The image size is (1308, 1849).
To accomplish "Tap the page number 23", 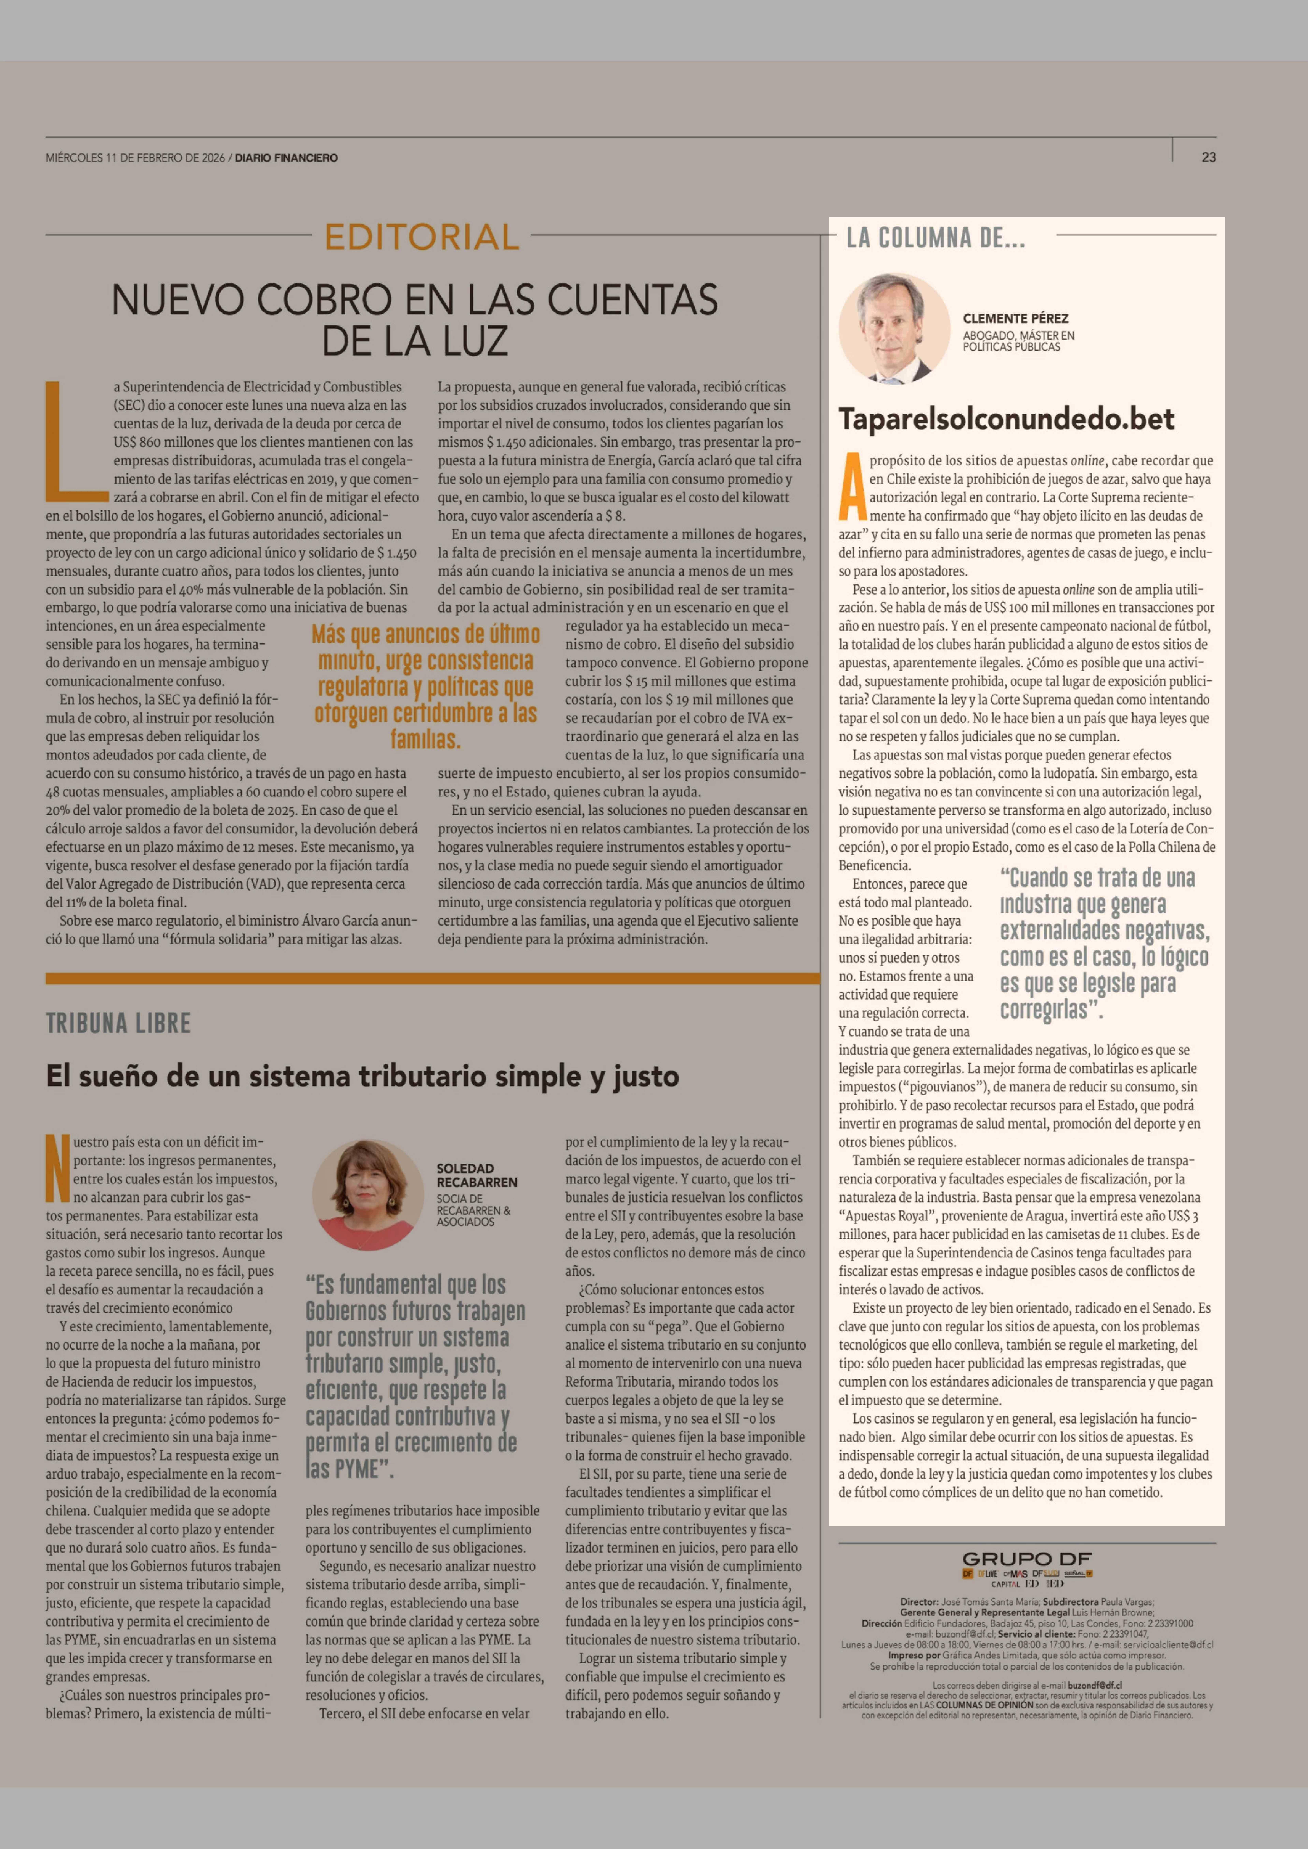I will (x=1208, y=157).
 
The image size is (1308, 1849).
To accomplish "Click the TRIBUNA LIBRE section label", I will (x=118, y=1024).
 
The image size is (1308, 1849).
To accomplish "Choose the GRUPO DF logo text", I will (x=1027, y=1559).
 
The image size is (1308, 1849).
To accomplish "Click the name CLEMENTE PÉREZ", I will (x=1016, y=318).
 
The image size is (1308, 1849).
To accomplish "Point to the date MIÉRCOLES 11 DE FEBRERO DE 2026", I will (x=135, y=158).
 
